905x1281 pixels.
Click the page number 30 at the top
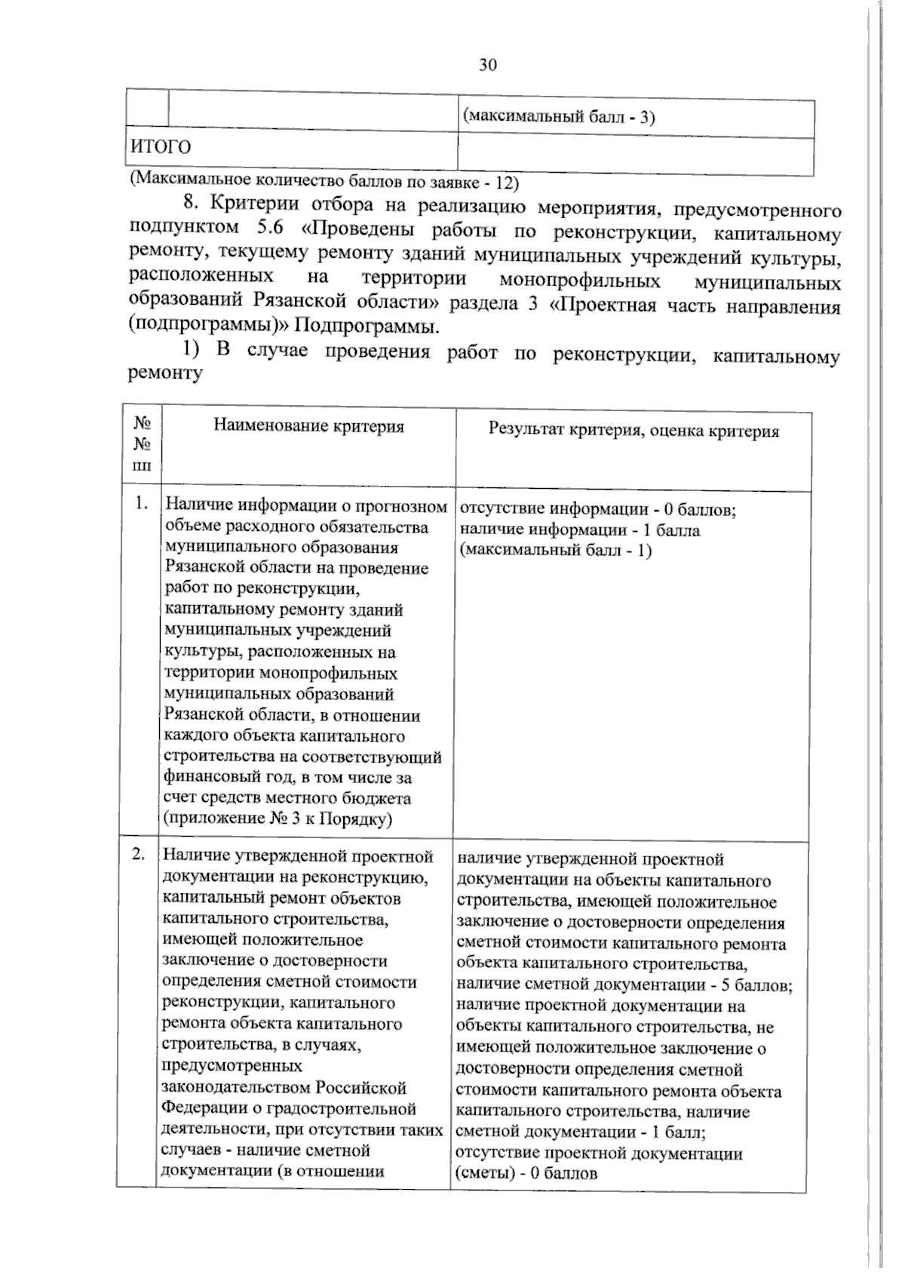[487, 65]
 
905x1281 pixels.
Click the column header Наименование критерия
[308, 426]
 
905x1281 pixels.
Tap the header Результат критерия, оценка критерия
[633, 431]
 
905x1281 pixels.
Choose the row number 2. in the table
[138, 855]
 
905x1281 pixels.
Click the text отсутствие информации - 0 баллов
[597, 509]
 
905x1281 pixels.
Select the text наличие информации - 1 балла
[579, 530]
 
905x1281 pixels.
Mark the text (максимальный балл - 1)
[555, 550]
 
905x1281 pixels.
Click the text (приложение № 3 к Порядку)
[278, 819]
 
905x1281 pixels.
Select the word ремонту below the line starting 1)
[166, 373]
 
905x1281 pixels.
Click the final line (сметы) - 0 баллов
[526, 1173]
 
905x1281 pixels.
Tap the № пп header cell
[142, 445]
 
